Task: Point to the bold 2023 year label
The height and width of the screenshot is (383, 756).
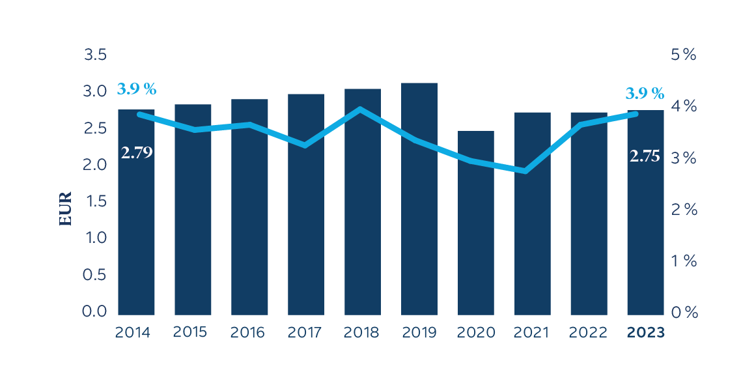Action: click(x=645, y=332)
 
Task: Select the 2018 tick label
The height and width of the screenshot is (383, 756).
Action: click(x=361, y=332)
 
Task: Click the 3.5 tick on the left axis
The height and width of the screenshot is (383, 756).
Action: click(x=95, y=55)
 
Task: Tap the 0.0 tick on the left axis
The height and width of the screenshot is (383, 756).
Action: click(x=95, y=312)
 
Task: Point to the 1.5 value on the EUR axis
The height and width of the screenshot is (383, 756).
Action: click(x=95, y=202)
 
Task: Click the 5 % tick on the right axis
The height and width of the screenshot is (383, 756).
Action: click(x=684, y=55)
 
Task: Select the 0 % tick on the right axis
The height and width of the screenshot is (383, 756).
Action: click(x=684, y=313)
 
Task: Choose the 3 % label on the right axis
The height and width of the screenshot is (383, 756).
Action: click(x=684, y=158)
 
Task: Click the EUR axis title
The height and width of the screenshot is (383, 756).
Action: click(x=66, y=209)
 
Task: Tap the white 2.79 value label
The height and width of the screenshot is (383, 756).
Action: click(x=137, y=154)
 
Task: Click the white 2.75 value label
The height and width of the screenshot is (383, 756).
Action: click(x=645, y=156)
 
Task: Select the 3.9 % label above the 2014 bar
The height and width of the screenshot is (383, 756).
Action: click(x=137, y=89)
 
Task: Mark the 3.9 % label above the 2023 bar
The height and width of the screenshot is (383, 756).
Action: click(x=645, y=93)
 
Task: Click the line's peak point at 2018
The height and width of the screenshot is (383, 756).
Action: click(x=362, y=109)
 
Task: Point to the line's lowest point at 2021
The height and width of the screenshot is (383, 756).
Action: click(x=526, y=171)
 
